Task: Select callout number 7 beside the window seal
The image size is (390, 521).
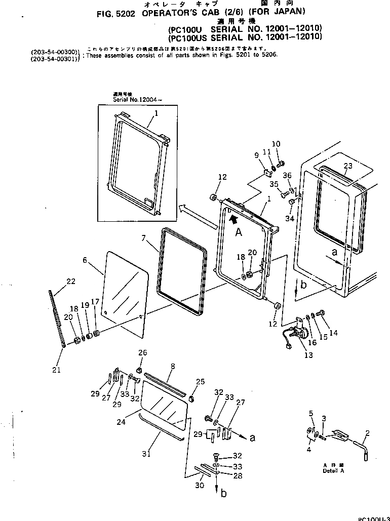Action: click(x=143, y=237)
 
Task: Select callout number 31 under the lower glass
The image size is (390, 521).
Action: click(x=146, y=454)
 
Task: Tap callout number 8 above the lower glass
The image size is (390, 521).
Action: click(x=173, y=366)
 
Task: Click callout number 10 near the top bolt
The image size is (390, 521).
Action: click(x=276, y=144)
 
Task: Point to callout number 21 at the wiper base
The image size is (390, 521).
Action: click(x=56, y=370)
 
